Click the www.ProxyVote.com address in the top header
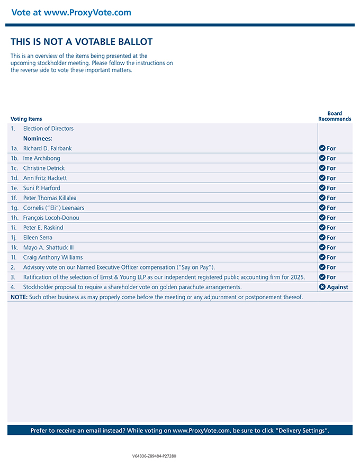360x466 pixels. click(87, 13)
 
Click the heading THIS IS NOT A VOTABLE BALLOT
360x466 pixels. click(82, 42)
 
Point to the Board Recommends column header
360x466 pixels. click(335, 116)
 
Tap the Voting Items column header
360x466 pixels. click(26, 119)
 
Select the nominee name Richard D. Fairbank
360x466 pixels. click(47, 148)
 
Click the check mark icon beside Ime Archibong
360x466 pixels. click(322, 158)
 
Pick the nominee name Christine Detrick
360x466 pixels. click(44, 168)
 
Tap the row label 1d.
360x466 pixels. click(15, 178)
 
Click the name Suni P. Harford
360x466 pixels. click(42, 188)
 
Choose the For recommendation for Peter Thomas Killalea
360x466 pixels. click(331, 198)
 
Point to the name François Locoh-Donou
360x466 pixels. click(51, 218)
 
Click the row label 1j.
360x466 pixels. click(14, 237)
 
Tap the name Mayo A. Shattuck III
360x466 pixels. click(49, 247)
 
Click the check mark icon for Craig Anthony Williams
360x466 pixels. click(322, 257)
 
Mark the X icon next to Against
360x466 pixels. click(322, 287)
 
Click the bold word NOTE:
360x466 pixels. click(19, 297)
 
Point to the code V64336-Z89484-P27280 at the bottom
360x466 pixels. click(154, 456)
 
